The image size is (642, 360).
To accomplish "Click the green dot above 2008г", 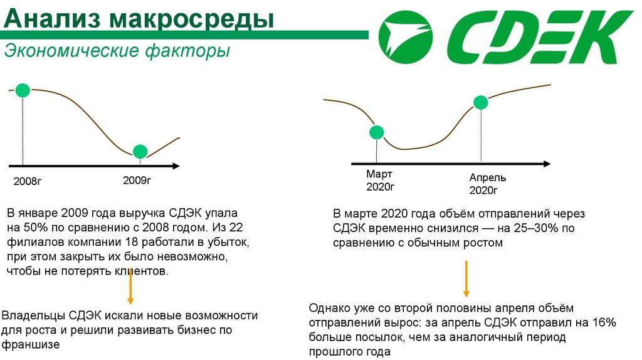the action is coord(23,90).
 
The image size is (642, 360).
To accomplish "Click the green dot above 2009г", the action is coord(140,151).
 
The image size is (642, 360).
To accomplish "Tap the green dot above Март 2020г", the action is coord(376,132).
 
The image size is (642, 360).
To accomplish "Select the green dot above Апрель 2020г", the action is coord(480,102).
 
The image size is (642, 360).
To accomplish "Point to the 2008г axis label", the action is coord(27,183).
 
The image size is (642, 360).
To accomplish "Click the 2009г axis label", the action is coord(137,181).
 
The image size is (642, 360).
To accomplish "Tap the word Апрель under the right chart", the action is coord(488,177).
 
